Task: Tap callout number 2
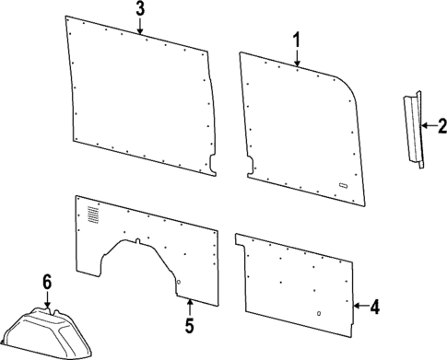(441, 124)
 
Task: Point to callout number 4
(373, 307)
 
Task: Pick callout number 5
(188, 325)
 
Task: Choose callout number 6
(47, 281)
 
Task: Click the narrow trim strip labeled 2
(411, 129)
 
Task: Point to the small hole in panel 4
(318, 313)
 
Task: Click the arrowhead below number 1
(297, 64)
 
